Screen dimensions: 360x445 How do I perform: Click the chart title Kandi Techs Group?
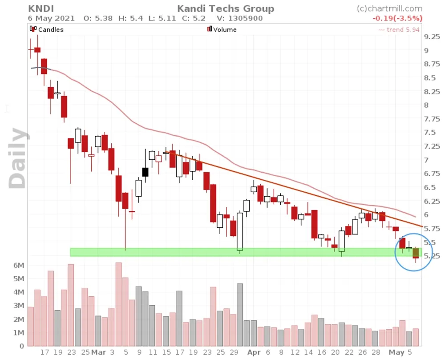coord(226,8)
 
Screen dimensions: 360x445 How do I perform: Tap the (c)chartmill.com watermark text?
coord(390,8)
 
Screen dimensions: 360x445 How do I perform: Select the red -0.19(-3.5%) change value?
coord(397,18)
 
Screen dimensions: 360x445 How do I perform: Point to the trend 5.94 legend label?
coord(399,30)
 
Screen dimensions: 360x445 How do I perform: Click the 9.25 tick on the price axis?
coord(433,37)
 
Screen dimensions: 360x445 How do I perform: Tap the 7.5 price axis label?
coord(430,133)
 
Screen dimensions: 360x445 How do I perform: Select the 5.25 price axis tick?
coord(433,256)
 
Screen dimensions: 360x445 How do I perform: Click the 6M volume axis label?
coord(18,265)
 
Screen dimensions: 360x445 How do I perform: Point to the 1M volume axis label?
coord(18,333)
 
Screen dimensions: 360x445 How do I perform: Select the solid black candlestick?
coord(145,172)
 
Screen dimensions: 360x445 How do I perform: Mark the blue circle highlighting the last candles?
coord(413,252)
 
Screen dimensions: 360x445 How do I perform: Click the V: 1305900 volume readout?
coord(239,18)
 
